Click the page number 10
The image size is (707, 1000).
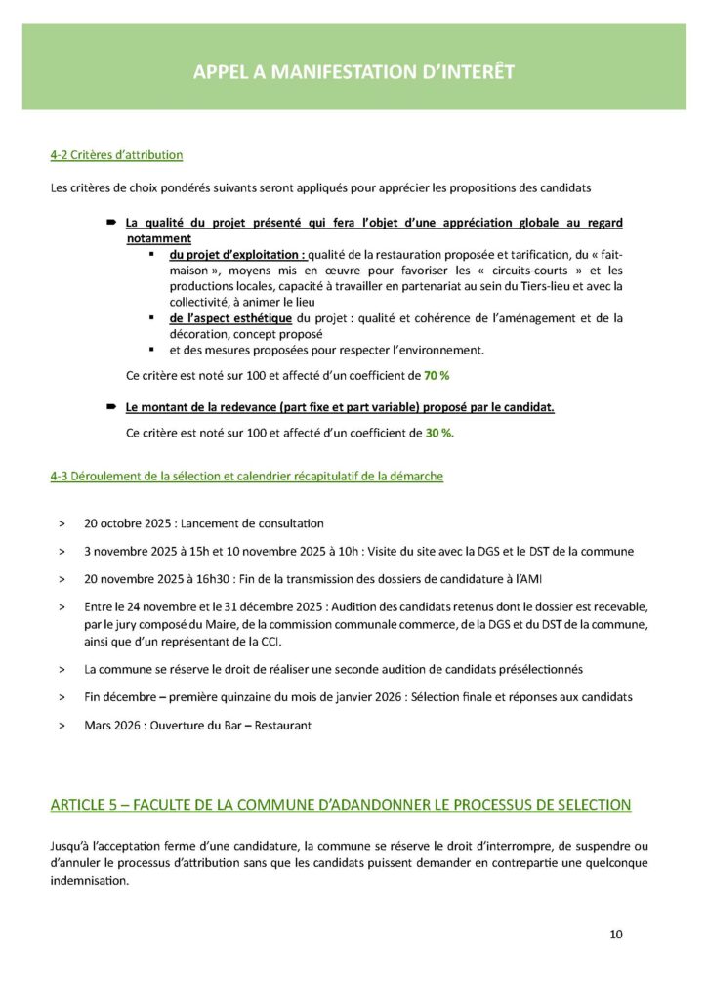(x=615, y=934)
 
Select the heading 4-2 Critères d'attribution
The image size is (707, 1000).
(x=116, y=154)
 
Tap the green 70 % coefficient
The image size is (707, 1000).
(x=437, y=374)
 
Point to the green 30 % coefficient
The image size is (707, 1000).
(x=438, y=433)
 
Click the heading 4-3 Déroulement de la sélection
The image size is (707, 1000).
(x=246, y=476)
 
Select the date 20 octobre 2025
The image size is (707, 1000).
(x=128, y=523)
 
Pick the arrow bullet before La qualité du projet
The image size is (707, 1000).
(x=112, y=224)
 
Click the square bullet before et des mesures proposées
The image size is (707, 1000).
(x=151, y=349)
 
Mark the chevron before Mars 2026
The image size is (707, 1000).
(x=62, y=726)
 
